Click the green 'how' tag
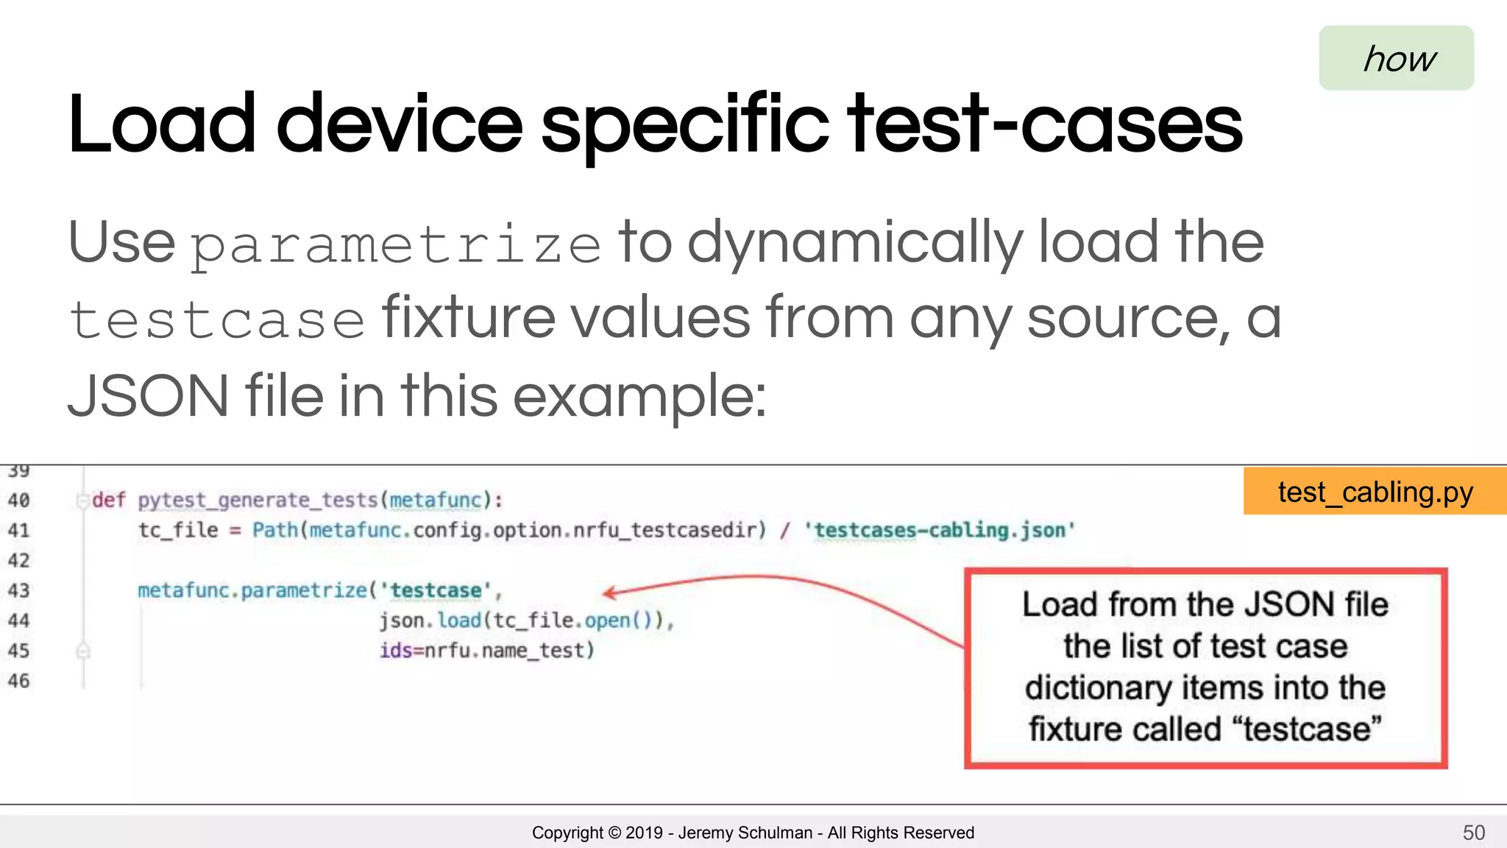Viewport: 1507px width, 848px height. [x=1396, y=58]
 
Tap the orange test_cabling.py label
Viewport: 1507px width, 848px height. [x=1375, y=492]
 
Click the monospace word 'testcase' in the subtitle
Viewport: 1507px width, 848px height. [x=217, y=321]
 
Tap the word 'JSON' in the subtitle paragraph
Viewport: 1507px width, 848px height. [x=148, y=396]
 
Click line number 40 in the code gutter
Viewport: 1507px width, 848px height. [x=18, y=501]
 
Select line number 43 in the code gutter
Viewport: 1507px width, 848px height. [x=18, y=590]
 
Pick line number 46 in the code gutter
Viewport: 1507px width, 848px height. [x=18, y=681]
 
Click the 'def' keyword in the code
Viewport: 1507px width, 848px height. [x=109, y=501]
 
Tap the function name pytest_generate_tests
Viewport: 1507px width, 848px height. [x=258, y=501]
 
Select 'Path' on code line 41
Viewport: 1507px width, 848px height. [x=274, y=530]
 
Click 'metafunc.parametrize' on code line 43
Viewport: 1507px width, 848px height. [x=252, y=590]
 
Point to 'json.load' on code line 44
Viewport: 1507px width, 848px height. [x=430, y=621]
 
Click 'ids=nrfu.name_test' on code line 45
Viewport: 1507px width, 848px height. [x=486, y=651]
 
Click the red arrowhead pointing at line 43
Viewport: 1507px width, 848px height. [x=608, y=593]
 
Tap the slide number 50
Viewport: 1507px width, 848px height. [x=1473, y=833]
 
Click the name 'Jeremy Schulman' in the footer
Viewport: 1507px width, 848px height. [x=745, y=833]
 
